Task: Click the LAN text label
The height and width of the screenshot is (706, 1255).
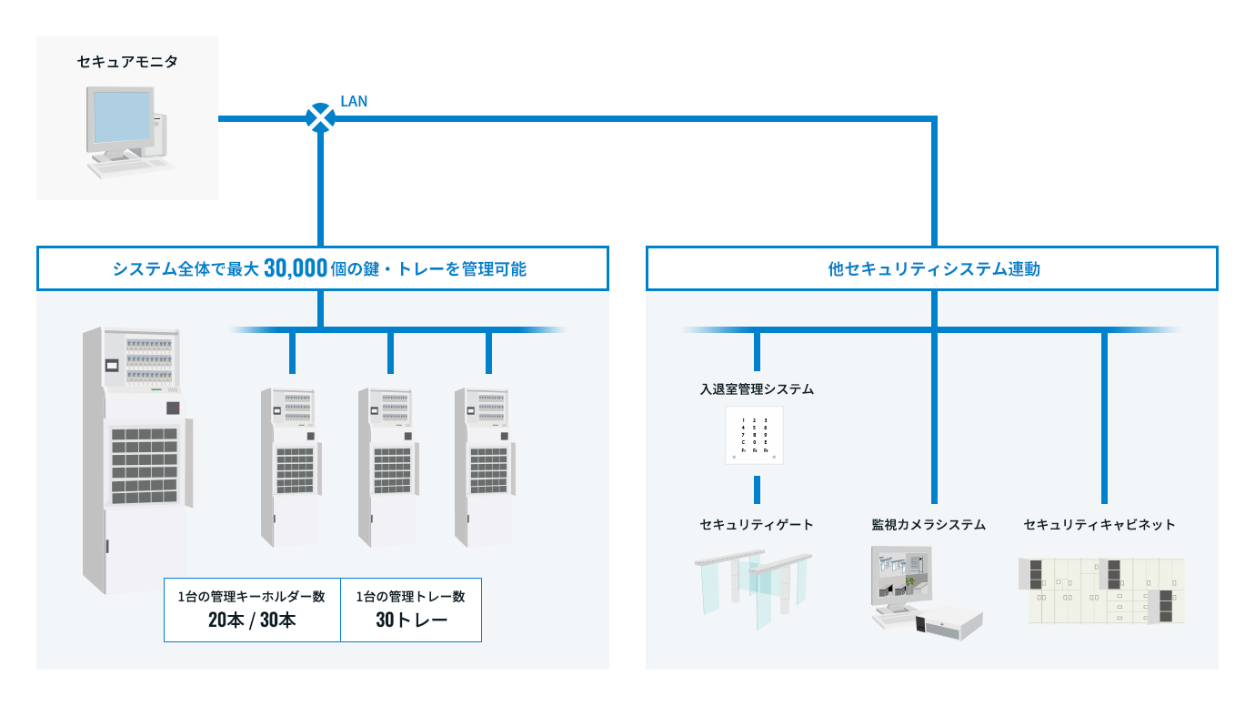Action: click(x=353, y=101)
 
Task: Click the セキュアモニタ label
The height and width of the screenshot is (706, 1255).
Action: click(x=127, y=62)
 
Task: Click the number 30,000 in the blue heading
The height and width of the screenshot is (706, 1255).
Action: click(x=295, y=268)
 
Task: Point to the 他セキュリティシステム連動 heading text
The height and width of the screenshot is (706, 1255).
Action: click(x=933, y=269)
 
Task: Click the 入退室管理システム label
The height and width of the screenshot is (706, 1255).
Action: click(x=757, y=389)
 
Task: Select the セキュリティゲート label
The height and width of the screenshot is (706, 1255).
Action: click(x=757, y=525)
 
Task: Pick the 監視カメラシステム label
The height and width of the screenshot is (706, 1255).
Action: click(x=929, y=525)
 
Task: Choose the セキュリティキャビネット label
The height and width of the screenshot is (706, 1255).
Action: click(x=1099, y=525)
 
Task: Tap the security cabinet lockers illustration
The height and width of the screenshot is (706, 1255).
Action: click(x=1100, y=591)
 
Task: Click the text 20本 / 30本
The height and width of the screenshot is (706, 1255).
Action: click(x=252, y=621)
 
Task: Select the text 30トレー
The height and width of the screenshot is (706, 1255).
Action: click(x=411, y=621)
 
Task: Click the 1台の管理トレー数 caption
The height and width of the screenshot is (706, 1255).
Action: click(x=411, y=597)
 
